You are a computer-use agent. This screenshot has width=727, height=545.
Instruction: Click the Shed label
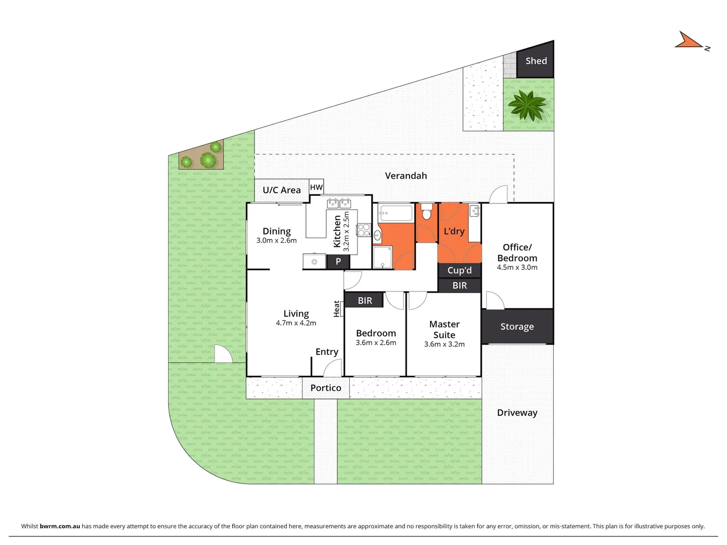pyautogui.click(x=536, y=61)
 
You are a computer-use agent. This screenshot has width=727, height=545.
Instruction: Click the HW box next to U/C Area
pyautogui.click(x=316, y=187)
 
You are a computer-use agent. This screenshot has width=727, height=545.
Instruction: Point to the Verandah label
pyautogui.click(x=405, y=176)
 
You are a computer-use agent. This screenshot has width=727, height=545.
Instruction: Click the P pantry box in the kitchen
pyautogui.click(x=338, y=261)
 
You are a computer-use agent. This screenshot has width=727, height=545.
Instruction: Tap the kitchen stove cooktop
pyautogui.click(x=363, y=230)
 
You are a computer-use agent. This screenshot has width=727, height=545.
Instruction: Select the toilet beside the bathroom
pyautogui.click(x=426, y=212)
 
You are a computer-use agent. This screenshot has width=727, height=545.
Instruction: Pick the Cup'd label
pyautogui.click(x=459, y=270)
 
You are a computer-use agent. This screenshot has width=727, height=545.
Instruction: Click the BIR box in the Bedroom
pyautogui.click(x=365, y=301)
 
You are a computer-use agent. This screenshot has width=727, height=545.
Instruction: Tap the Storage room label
pyautogui.click(x=517, y=326)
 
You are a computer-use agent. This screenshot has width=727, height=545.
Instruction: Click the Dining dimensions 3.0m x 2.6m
pyautogui.click(x=276, y=241)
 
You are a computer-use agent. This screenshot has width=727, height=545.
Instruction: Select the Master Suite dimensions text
pyautogui.click(x=444, y=344)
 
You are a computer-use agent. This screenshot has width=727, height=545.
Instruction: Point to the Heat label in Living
pyautogui.click(x=337, y=308)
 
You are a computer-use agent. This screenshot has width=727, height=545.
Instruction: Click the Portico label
pyautogui.click(x=326, y=388)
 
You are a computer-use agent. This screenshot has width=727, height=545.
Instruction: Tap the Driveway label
pyautogui.click(x=517, y=412)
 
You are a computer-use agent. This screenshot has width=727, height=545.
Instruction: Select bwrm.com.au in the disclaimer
pyautogui.click(x=60, y=526)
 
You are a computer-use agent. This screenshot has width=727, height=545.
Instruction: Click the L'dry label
pyautogui.click(x=454, y=231)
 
